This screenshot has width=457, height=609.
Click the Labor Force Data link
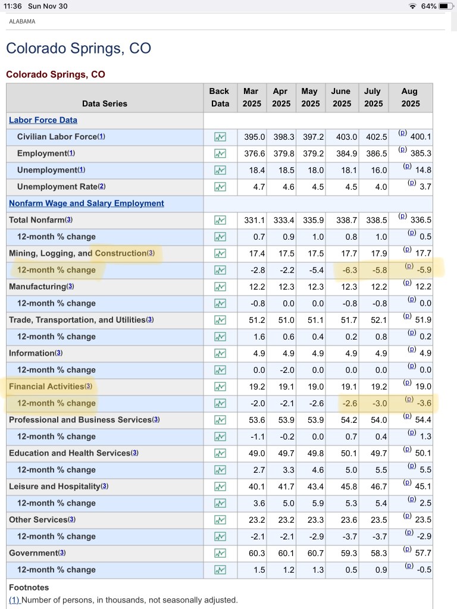(x=43, y=120)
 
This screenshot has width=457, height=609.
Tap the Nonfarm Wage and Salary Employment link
(x=86, y=203)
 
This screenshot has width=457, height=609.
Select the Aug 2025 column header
(x=410, y=97)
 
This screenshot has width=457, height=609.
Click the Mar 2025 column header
(x=252, y=97)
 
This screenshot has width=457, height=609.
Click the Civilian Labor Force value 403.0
(x=346, y=137)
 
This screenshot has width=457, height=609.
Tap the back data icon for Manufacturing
(x=220, y=287)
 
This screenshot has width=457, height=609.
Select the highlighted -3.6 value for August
(x=424, y=403)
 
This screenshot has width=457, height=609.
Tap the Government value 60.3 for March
(x=255, y=553)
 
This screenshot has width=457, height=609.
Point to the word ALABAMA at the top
(x=22, y=21)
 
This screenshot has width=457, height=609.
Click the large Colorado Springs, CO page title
(x=78, y=48)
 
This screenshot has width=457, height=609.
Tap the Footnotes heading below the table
(x=29, y=588)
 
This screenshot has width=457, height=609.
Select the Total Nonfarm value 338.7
(x=346, y=220)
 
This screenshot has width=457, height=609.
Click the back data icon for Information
(x=220, y=353)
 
